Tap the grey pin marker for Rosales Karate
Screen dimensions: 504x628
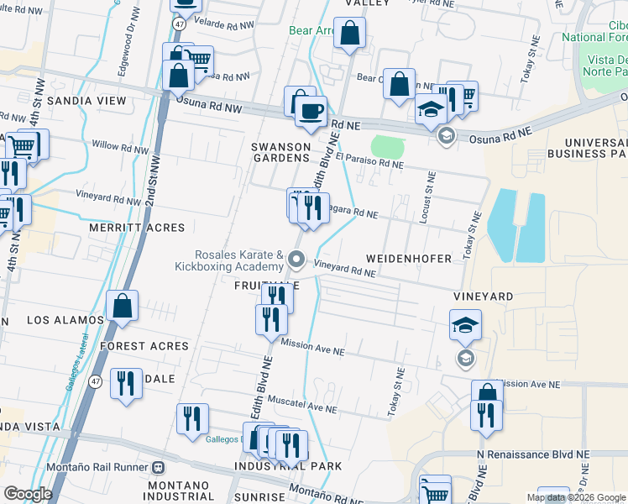[x=296, y=260]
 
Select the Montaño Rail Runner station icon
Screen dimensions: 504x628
[x=158, y=467]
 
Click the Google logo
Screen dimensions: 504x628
[x=28, y=494]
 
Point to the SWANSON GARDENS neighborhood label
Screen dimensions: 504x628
[x=281, y=152]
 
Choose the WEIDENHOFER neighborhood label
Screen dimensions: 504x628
[x=409, y=258]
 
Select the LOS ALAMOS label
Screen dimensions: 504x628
[x=65, y=320]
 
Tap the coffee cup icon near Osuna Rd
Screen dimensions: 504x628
[x=311, y=112]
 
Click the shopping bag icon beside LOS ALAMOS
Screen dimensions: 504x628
[x=123, y=307]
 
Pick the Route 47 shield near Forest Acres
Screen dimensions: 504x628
[x=97, y=381]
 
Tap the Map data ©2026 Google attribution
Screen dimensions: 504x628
[x=576, y=497]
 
